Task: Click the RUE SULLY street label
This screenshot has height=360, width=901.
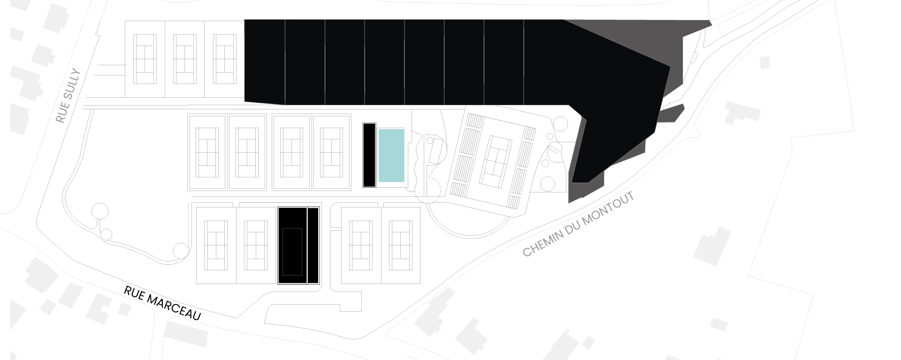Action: [69, 96]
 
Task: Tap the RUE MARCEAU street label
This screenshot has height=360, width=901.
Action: [162, 303]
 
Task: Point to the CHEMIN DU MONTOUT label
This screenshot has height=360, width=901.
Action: [579, 224]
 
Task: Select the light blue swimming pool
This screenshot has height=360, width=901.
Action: [391, 155]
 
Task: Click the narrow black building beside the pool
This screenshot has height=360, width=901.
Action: [369, 155]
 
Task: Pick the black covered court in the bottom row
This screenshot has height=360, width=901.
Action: [293, 245]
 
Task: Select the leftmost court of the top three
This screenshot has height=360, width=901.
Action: [145, 59]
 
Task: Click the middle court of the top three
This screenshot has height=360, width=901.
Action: [184, 59]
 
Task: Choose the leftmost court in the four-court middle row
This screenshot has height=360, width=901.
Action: [207, 152]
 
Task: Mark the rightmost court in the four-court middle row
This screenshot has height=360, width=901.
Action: [332, 152]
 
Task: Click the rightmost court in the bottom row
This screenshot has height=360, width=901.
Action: [401, 245]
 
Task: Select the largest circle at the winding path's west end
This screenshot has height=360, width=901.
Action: [100, 212]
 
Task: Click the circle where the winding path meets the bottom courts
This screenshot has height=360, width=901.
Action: [181, 251]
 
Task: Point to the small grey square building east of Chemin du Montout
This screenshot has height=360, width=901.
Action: [764, 62]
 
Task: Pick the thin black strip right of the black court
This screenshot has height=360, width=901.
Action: [313, 245]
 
